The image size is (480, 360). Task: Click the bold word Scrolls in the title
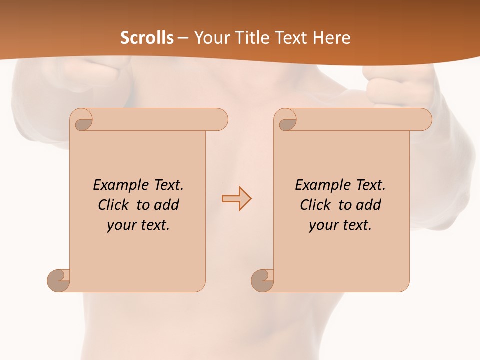pyautogui.click(x=147, y=38)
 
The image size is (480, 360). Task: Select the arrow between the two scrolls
pyautogui.click(x=236, y=199)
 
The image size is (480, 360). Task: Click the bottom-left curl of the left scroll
pyautogui.click(x=59, y=280)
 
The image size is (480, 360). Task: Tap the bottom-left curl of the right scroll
pyautogui.click(x=262, y=280)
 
